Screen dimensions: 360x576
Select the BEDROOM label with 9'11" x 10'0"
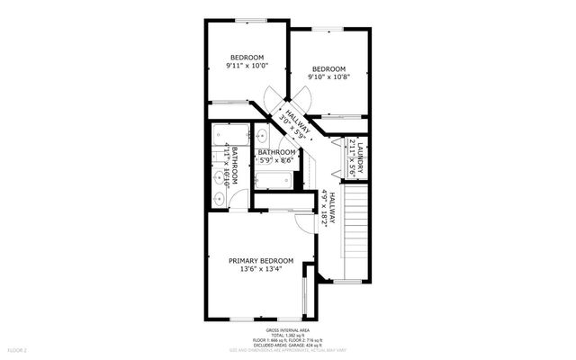click(x=244, y=57)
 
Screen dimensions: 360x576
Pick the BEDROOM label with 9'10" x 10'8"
click(x=328, y=68)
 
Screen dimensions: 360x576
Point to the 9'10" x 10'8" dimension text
click(x=328, y=77)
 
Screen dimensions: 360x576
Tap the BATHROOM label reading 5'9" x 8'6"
click(x=276, y=152)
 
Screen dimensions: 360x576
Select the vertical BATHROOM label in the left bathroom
click(x=235, y=166)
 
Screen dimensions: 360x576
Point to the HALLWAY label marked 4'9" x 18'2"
click(x=330, y=209)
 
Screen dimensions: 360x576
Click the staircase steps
click(x=355, y=229)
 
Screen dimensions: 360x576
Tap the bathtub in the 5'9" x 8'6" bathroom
click(x=273, y=180)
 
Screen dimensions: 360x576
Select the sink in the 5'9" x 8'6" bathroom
click(x=262, y=137)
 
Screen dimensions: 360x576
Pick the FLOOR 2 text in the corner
click(x=17, y=348)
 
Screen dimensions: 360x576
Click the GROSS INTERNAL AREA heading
click(x=287, y=330)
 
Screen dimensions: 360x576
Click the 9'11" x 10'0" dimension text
click(x=244, y=66)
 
